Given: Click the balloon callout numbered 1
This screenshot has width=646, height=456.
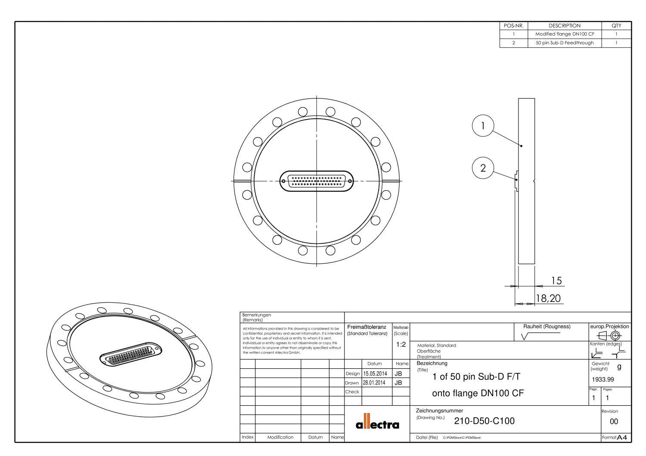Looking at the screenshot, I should point(482,126).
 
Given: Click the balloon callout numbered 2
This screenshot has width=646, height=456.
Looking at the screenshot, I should point(482,168).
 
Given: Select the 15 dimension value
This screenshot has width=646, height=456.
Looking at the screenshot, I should point(556,281).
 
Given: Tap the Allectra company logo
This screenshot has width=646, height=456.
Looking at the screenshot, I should point(377,423).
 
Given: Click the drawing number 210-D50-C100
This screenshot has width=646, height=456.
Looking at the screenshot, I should point(484,421).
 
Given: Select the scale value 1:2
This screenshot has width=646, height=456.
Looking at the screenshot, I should point(401,345).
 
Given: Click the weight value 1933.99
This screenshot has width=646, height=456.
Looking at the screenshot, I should point(603,379).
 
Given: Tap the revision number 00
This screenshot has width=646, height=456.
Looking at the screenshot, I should point(614,422).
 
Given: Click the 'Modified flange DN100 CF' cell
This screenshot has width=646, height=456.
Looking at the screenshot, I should point(564,34).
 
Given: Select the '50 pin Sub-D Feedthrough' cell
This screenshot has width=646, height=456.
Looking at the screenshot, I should point(564,43).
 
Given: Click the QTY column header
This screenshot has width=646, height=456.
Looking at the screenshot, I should point(616,25).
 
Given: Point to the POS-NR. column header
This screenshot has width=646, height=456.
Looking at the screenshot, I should point(513,25).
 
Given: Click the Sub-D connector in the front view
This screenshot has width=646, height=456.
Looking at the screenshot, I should point(317,181).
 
